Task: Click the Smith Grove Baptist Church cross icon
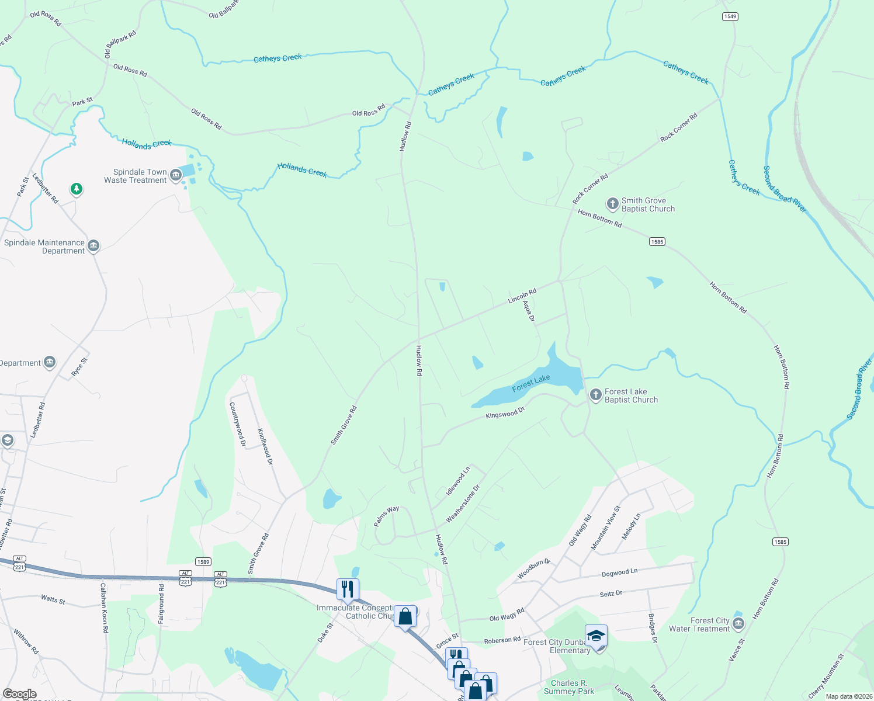coord(612,204)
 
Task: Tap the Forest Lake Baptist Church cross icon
coord(595,395)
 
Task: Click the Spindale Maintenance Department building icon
coord(93,246)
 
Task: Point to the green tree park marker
coord(76,189)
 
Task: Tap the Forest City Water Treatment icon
coord(738,624)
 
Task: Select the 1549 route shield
coord(730,16)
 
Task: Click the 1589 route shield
coord(203,562)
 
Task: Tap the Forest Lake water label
coord(531,383)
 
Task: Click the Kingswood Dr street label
coord(505,413)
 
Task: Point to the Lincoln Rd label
coord(522,296)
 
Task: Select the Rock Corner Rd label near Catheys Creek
coord(678,127)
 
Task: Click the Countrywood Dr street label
coord(237,424)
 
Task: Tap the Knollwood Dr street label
coord(265,446)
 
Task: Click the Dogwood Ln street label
coord(619,573)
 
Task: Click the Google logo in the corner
coord(19,694)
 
